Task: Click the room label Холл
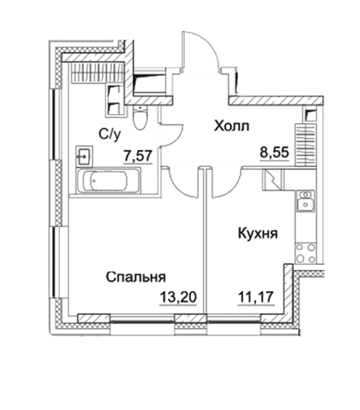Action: [x=231, y=126]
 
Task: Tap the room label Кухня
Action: [x=258, y=233]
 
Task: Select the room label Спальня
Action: [x=136, y=277]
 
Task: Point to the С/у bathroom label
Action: [x=110, y=135]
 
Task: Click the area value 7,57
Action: [x=138, y=156]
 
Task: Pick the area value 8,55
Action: [x=274, y=152]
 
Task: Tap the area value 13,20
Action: [x=178, y=297]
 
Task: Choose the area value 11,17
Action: [x=256, y=297]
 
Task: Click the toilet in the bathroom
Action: [x=140, y=117]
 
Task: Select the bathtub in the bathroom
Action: [x=108, y=180]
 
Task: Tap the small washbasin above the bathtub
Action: [x=84, y=156]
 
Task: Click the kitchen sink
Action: [x=306, y=201]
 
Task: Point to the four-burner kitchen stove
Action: [x=306, y=253]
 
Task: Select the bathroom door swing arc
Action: [x=171, y=134]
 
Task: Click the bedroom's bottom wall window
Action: [x=143, y=319]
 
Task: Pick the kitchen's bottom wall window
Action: [x=234, y=319]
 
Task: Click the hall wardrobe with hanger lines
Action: [x=306, y=144]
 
